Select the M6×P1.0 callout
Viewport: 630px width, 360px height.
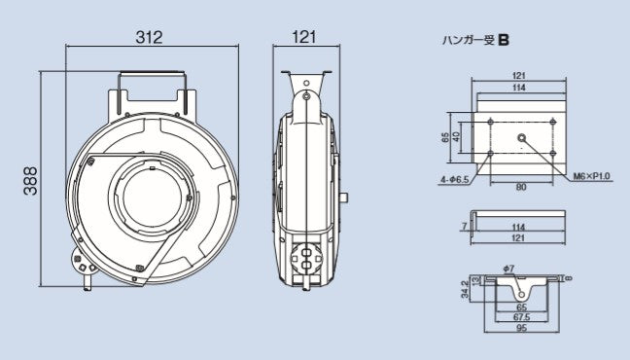click(590, 176)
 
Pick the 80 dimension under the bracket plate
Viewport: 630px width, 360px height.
click(523, 187)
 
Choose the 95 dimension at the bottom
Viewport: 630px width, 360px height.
click(522, 327)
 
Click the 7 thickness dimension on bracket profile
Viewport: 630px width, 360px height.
click(464, 225)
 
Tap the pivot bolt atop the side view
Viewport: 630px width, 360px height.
click(306, 97)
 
